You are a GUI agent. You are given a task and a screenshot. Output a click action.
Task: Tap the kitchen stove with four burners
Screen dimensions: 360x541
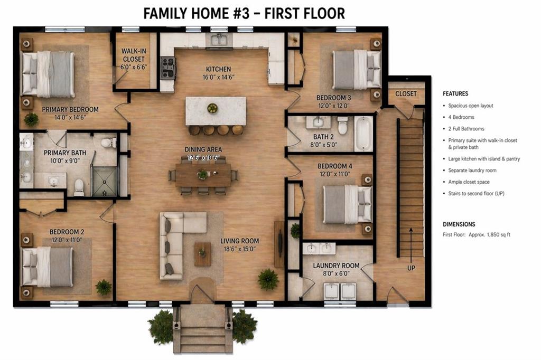(x=168, y=68)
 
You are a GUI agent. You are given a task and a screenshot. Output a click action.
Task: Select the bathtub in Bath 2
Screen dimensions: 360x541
(x=363, y=134)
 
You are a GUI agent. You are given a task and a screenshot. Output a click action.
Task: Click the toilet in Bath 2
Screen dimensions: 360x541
(x=342, y=126)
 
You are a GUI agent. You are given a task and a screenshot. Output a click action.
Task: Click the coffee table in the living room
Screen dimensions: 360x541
(x=202, y=254)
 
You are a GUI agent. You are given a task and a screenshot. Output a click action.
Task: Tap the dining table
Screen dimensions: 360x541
(x=203, y=175)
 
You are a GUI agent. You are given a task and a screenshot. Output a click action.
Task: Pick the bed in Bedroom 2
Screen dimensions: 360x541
(x=48, y=267)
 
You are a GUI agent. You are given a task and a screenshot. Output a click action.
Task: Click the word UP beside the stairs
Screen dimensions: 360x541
(x=411, y=268)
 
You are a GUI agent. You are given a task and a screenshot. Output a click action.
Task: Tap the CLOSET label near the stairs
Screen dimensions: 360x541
(x=406, y=94)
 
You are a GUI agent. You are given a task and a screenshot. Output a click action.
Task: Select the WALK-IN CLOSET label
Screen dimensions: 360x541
(x=133, y=55)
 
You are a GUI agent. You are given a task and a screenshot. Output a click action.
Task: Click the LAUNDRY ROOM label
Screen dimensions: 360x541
(x=335, y=266)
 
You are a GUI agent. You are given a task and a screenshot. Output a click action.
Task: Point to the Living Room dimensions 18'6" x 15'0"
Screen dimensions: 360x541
(x=239, y=249)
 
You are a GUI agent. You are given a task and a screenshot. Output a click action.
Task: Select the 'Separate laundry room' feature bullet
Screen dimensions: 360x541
(x=472, y=170)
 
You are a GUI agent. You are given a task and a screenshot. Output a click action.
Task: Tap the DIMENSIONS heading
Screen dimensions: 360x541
(x=459, y=224)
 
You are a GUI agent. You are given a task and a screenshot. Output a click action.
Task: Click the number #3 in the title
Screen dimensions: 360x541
(x=242, y=13)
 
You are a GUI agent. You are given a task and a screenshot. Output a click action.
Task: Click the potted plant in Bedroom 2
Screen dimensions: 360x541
(x=104, y=287)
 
